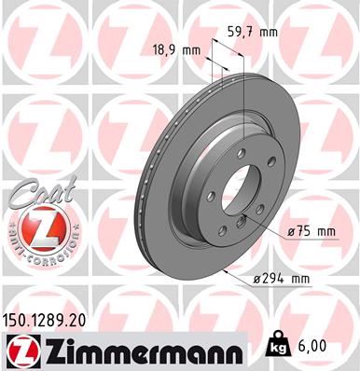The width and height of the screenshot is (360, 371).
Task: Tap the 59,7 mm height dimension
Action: tap(253, 32)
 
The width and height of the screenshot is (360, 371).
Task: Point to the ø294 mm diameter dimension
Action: tap(284, 276)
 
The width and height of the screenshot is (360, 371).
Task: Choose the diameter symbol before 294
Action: tap(257, 276)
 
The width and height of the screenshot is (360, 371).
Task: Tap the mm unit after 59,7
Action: tap(270, 32)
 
